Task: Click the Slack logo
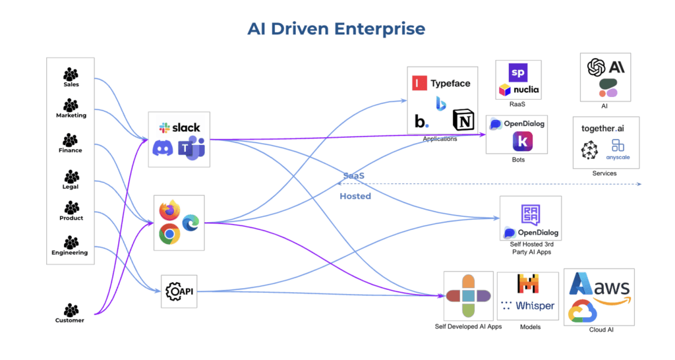[179, 127]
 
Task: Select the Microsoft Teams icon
[192, 148]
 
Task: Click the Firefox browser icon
[169, 210]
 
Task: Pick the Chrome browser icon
[169, 233]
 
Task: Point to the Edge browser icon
[191, 223]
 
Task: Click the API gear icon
[173, 291]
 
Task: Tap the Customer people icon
[71, 310]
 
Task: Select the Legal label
[71, 187]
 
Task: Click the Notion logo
[463, 119]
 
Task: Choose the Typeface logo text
[450, 84]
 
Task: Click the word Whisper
[535, 306]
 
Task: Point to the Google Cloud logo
[583, 311]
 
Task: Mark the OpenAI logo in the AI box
[597, 67]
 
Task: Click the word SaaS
[353, 176]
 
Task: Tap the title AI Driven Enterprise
[336, 29]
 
